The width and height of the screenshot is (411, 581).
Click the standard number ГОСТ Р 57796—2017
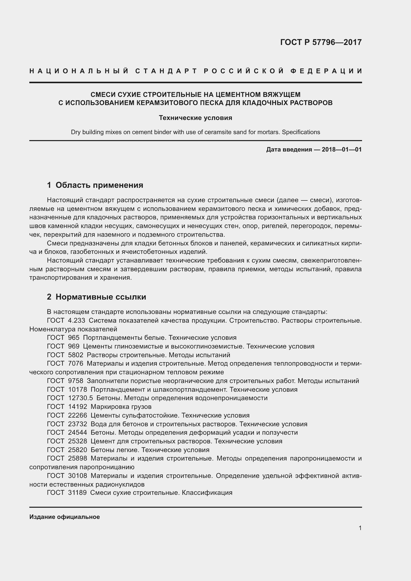tap(321, 42)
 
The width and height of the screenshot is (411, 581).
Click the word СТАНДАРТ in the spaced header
tap(166, 71)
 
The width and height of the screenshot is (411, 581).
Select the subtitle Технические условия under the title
tap(195, 118)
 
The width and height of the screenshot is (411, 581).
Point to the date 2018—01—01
tap(342, 150)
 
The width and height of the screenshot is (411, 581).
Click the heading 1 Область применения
tap(95, 185)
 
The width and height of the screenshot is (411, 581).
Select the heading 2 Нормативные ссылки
tap(96, 297)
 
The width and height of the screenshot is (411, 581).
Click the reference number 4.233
tap(77, 320)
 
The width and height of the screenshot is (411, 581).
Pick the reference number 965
tap(74, 338)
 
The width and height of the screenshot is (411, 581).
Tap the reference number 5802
tap(76, 355)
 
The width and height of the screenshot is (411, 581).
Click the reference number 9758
tap(76, 381)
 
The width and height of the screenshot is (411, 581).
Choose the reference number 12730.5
tap(81, 398)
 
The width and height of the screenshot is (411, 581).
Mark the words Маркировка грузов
tap(121, 407)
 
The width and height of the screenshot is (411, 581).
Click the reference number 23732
tap(78, 424)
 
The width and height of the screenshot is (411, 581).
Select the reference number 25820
tap(78, 450)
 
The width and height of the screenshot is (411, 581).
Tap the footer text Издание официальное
tap(65, 517)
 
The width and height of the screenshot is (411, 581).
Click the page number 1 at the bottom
tap(360, 528)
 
